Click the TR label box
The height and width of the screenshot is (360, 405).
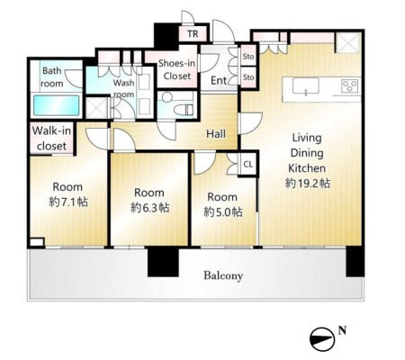coord(193,34)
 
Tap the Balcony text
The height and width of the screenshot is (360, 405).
coord(223,275)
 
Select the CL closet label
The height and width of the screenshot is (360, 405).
coord(248,164)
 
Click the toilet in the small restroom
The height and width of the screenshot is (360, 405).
coord(183,109)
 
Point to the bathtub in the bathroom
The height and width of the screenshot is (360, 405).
coord(57,105)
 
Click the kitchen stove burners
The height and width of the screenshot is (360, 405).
coord(349,86)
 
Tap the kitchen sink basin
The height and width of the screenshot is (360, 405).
coord(306,86)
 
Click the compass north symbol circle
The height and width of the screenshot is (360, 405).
coord(322,339)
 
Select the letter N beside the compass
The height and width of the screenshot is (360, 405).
coord(342,330)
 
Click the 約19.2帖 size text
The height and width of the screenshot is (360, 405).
coord(308,184)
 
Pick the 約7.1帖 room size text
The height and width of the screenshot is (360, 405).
coord(68,202)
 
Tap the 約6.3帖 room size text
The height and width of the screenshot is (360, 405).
coord(149,208)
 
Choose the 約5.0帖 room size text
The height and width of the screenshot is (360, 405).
coord(223,212)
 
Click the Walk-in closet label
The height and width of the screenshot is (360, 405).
coord(51,139)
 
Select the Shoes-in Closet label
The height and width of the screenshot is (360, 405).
coord(176,69)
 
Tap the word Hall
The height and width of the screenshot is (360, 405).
coord(216,134)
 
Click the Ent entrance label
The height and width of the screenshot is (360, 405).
coord(219,80)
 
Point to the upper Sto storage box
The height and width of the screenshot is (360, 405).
coord(248,56)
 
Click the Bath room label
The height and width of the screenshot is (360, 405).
coord(52,77)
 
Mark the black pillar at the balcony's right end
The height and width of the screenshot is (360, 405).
coord(355,262)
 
